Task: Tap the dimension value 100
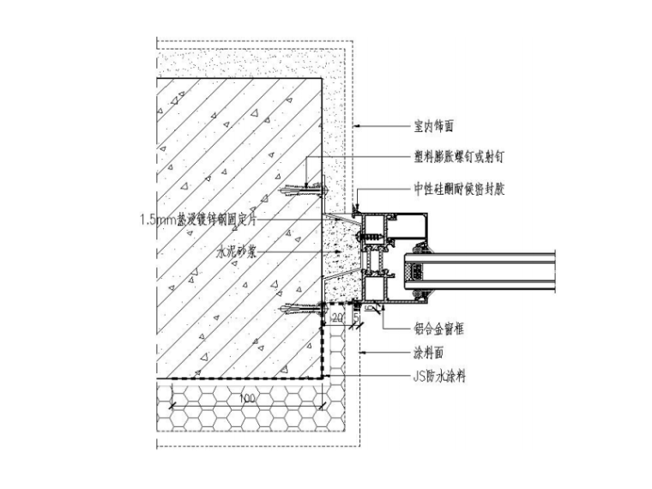coord(248,400)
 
